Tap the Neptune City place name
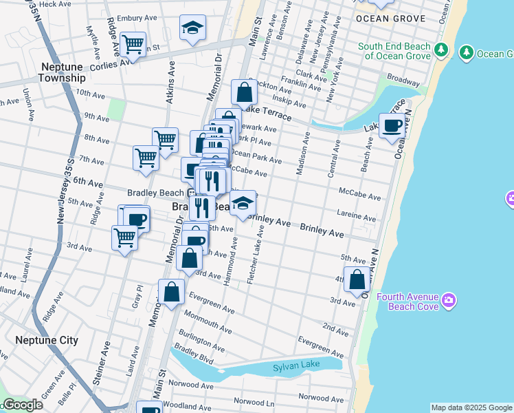coord(47,340)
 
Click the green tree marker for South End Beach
coord(441,51)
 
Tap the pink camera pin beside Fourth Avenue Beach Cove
coord(449,299)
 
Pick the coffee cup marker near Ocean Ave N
coord(392,127)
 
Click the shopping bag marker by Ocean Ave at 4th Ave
coord(357,280)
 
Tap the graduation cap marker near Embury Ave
coord(193,28)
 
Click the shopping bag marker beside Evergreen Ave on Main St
coord(172,292)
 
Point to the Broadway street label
coord(403,81)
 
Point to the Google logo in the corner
coord(22,405)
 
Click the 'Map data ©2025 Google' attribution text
coord(471,407)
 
